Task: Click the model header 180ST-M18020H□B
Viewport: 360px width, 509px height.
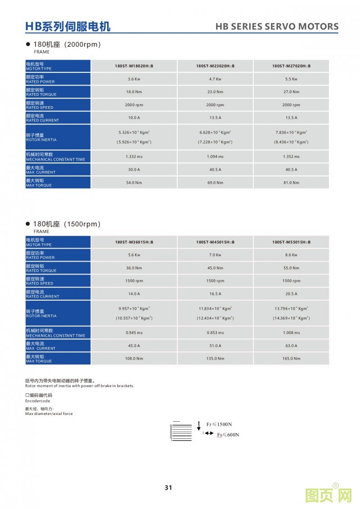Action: [x=134, y=66]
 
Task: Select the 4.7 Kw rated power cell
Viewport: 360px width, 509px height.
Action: [x=215, y=79]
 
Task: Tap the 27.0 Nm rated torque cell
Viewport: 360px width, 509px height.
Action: [x=291, y=92]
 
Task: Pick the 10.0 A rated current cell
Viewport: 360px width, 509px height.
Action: [x=134, y=117]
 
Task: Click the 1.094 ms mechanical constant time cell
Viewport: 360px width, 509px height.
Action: [x=215, y=157]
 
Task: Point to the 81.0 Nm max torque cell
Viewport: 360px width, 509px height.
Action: [x=291, y=183]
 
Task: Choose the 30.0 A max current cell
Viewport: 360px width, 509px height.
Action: [x=134, y=170]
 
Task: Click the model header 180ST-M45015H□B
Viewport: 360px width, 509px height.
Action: [x=215, y=242]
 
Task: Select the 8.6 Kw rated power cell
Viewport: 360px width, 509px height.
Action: [x=291, y=255]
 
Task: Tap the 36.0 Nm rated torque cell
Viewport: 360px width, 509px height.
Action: [x=134, y=268]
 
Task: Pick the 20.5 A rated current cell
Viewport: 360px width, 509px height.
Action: [x=291, y=294]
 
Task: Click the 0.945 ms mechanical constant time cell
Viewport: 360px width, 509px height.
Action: [x=134, y=333]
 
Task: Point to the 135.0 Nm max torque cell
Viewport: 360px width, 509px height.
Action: [x=215, y=359]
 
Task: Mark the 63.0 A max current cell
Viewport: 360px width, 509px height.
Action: [x=291, y=346]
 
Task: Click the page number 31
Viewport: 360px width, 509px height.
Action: [x=169, y=487]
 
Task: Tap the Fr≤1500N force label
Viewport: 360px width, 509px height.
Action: [x=219, y=424]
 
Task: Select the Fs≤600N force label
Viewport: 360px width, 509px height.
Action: [x=228, y=435]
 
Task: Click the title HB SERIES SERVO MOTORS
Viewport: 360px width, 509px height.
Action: [x=277, y=27]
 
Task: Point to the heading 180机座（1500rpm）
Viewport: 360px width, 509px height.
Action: [x=66, y=224]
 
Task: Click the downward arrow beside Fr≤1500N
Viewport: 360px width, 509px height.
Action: [x=199, y=426]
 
